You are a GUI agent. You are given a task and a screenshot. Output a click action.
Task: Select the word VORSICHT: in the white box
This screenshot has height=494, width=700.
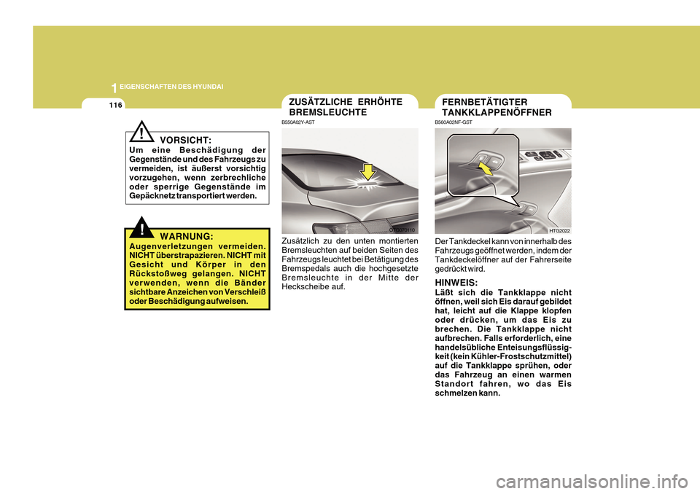click(x=186, y=139)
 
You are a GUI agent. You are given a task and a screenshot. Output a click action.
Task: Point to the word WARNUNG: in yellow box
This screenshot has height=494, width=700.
click(x=187, y=237)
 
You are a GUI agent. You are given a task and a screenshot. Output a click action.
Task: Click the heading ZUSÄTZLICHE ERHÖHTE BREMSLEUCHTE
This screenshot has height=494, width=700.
click(x=346, y=107)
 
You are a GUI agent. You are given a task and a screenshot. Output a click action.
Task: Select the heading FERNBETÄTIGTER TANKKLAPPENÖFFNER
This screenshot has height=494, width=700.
click(x=497, y=107)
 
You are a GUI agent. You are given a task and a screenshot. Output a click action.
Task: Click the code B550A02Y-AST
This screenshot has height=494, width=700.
click(x=300, y=122)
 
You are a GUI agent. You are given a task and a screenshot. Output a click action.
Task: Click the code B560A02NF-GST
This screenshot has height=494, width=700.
click(x=454, y=122)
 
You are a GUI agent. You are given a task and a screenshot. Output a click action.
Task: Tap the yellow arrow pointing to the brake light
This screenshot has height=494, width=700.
click(x=368, y=172)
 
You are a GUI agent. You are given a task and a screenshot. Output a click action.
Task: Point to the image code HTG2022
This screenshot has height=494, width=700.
click(x=559, y=230)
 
